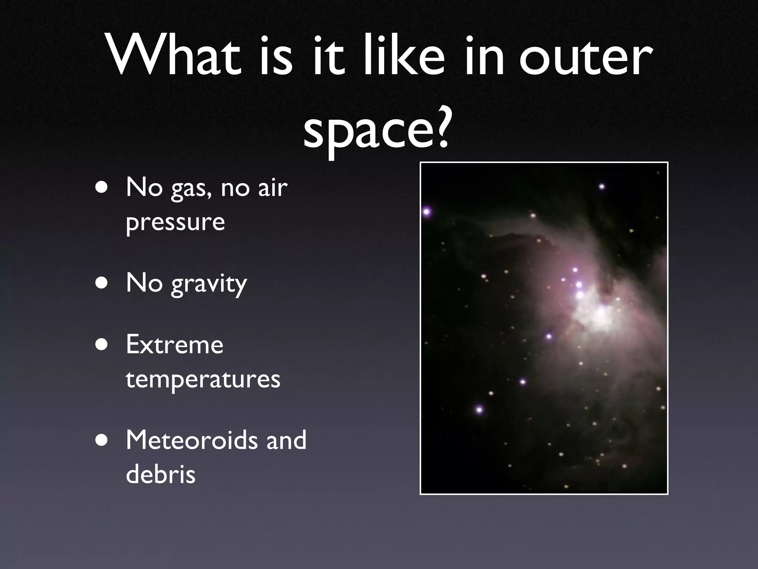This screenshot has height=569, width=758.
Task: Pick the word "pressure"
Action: tap(175, 222)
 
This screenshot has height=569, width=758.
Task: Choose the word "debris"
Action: tap(160, 474)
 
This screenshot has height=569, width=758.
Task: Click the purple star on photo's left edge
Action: tap(427, 212)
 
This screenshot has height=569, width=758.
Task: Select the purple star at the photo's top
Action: tap(602, 186)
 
